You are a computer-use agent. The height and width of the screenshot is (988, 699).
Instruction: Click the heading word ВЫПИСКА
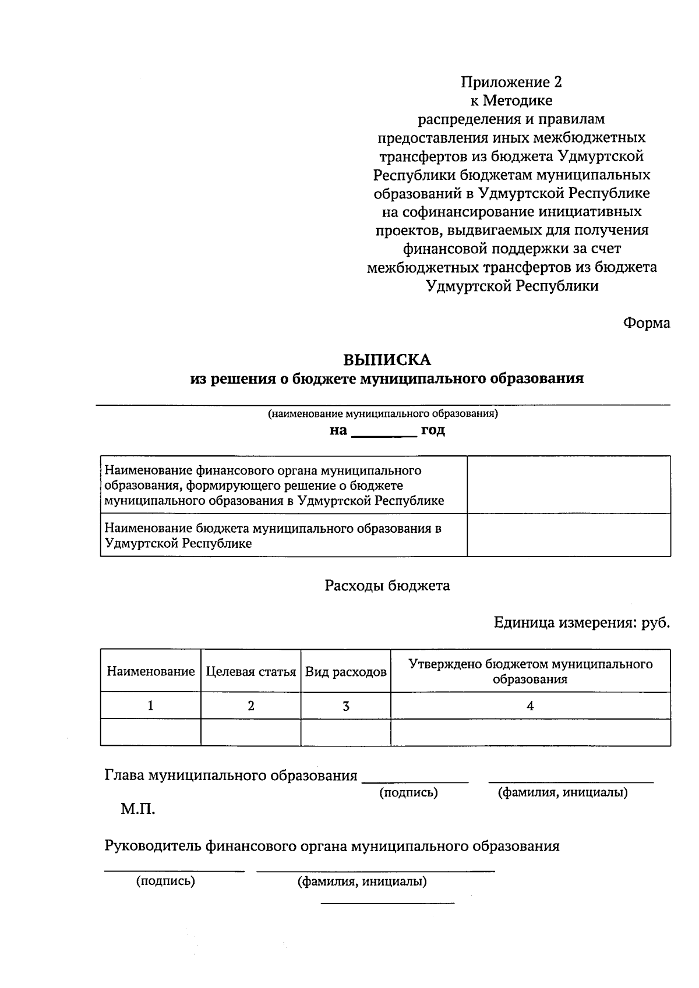coord(387,360)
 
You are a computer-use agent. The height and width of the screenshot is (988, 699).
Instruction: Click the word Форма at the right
coord(647,323)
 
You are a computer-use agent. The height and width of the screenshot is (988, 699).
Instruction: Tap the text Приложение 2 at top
coord(512,82)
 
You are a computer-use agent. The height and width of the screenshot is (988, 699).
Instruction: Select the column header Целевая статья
coord(250,671)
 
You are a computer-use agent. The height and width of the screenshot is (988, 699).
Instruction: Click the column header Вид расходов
coord(345,671)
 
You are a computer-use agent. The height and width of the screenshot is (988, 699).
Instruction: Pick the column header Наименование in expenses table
coord(150,671)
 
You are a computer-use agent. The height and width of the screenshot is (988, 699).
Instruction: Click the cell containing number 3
coord(345,706)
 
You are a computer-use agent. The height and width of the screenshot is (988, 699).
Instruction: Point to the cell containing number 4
coord(530,706)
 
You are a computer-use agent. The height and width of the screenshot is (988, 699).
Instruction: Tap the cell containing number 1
coord(150,706)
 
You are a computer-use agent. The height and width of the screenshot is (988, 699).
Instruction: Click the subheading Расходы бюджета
coord(387,586)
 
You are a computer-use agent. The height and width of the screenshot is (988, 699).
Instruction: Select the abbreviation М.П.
coord(138,809)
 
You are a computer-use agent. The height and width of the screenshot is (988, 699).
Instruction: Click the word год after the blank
coord(433,430)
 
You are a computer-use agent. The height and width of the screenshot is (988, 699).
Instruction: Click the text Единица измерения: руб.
coord(581,623)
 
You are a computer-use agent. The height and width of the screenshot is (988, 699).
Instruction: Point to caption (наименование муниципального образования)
coord(383,414)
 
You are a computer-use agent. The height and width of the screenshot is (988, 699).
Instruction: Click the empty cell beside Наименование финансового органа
coord(569,484)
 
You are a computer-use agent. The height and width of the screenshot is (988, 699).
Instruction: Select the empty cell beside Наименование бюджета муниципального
coord(569,535)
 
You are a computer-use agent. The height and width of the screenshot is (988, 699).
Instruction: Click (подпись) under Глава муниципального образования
coord(408,792)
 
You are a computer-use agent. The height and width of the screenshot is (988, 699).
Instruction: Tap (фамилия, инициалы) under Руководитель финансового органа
coord(362,881)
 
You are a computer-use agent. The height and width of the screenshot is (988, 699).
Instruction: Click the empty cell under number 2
coord(250,732)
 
